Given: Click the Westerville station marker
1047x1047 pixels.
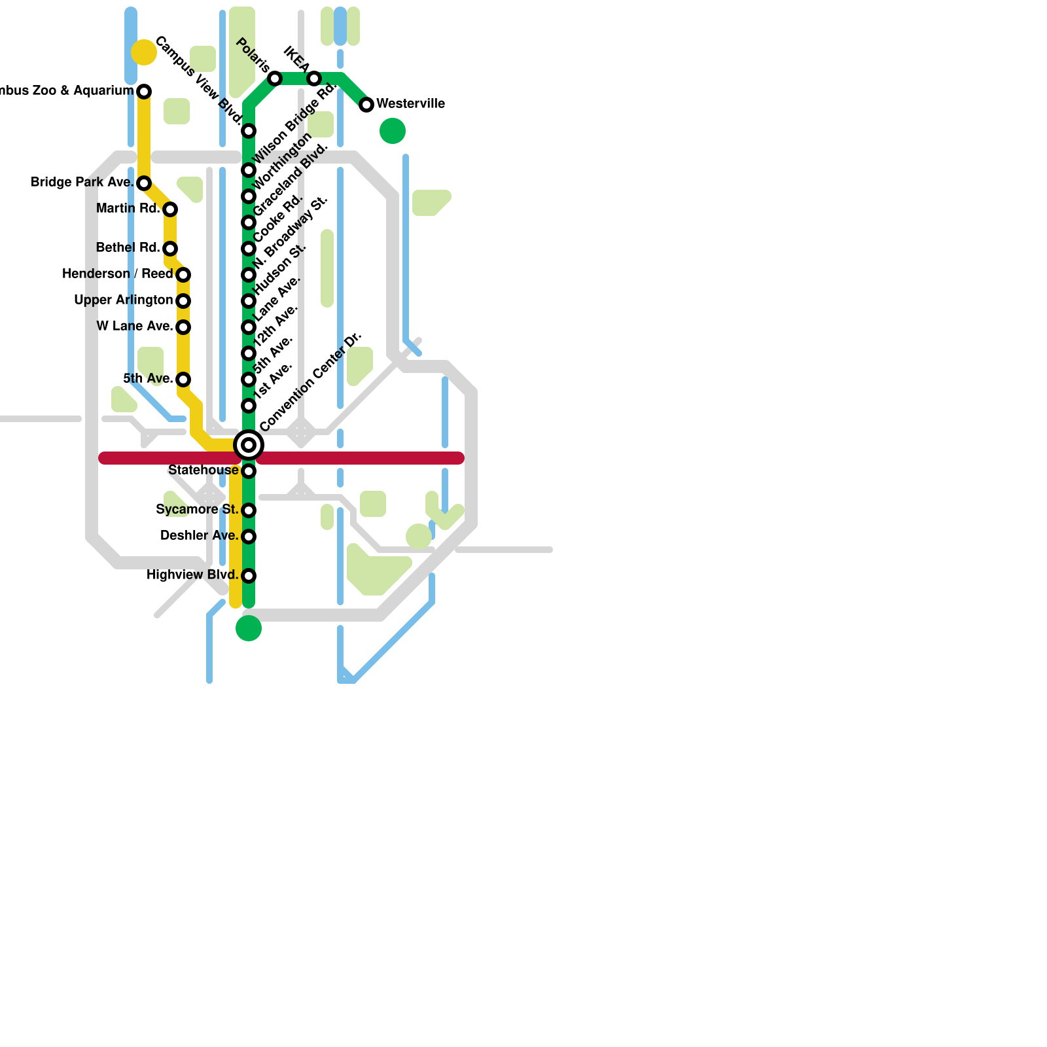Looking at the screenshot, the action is (366, 105).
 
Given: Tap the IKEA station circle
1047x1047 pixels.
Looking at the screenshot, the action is (314, 79).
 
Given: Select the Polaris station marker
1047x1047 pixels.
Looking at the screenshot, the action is (275, 79).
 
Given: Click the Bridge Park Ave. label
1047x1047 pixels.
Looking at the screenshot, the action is (82, 183).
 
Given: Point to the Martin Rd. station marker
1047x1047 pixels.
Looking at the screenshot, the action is (170, 209).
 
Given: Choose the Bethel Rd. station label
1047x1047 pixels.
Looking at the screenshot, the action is (128, 248).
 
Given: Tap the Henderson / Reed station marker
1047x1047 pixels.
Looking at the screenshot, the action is (183, 274).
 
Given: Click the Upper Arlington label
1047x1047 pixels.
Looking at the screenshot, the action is (123, 300).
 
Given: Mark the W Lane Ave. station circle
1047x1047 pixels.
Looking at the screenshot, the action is (183, 327).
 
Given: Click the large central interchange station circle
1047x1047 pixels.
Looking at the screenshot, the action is (249, 446).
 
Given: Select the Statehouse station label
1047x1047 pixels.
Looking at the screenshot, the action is (203, 470).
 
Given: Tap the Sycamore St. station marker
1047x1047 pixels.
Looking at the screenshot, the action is (249, 510).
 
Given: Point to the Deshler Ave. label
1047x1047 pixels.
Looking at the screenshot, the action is (199, 536).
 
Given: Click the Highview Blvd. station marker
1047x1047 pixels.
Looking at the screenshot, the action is (249, 576).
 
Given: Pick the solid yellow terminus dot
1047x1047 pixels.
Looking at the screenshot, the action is (144, 52).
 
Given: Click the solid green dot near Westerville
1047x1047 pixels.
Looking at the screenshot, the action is (393, 131).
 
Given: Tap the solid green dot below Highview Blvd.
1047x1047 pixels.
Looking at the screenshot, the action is (249, 628).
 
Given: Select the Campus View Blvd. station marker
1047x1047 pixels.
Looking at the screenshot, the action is (249, 132).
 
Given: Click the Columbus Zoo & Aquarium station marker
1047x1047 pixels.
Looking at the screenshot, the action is (144, 92).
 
